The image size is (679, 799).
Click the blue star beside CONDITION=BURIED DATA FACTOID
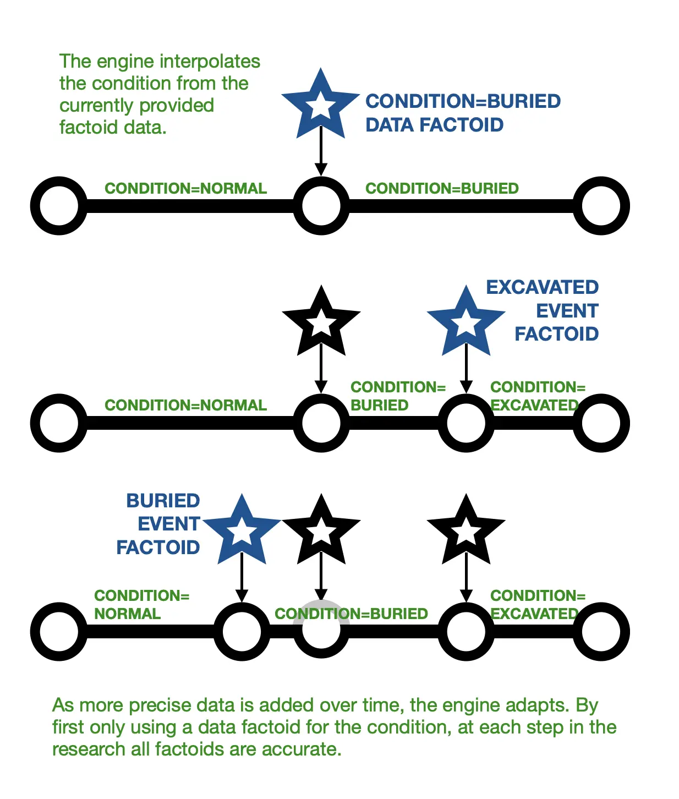click(x=321, y=105)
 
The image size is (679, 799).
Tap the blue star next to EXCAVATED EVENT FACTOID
click(x=466, y=322)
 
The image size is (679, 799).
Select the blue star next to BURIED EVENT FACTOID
click(x=242, y=531)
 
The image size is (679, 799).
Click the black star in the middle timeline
click(x=321, y=322)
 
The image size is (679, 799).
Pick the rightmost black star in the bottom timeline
click(x=466, y=531)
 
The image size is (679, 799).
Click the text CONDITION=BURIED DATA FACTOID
click(x=462, y=113)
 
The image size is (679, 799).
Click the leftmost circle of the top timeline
click(x=59, y=205)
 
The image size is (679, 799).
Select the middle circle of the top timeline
click(x=321, y=205)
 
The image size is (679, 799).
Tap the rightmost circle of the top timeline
click(x=601, y=205)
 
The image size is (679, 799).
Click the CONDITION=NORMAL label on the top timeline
click(x=185, y=188)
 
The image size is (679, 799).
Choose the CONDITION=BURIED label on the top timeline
click(x=442, y=188)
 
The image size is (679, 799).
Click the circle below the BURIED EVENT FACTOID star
click(x=242, y=631)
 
